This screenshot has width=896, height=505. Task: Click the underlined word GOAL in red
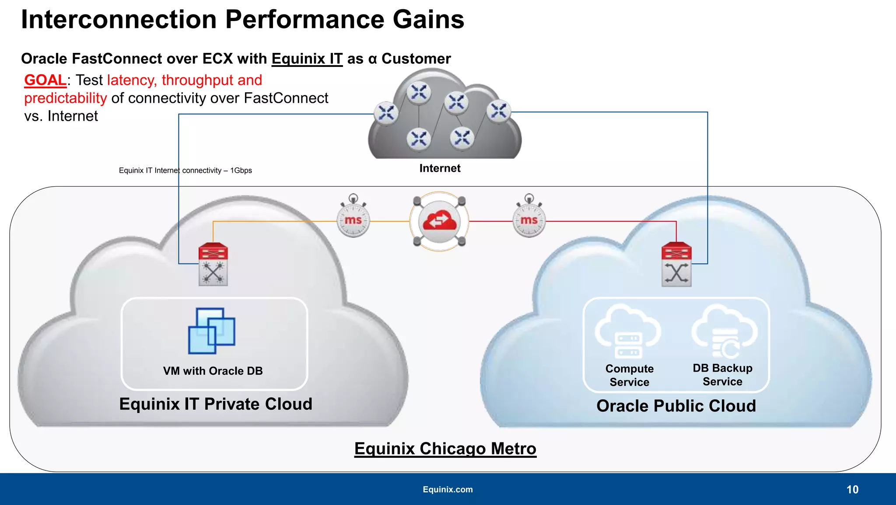(45, 80)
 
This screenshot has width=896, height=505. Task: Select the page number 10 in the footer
(852, 489)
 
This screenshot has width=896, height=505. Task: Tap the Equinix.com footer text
(448, 489)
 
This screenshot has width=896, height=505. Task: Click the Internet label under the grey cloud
(440, 168)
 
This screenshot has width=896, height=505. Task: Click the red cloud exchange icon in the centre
(439, 222)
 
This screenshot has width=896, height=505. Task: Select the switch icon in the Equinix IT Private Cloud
(213, 265)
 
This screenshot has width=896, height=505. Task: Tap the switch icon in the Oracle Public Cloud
(676, 265)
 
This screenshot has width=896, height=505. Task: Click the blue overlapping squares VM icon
(212, 331)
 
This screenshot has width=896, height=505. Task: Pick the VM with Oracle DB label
(213, 371)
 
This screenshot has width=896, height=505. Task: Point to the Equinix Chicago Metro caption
(445, 449)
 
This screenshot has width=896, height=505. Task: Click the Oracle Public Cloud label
(676, 406)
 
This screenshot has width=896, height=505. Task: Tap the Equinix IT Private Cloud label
(216, 404)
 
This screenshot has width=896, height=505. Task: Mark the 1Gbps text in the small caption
(241, 171)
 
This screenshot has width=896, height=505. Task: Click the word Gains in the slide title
(428, 20)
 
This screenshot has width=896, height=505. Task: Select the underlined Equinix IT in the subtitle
(307, 59)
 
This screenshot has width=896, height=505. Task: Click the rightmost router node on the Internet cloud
(498, 111)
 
